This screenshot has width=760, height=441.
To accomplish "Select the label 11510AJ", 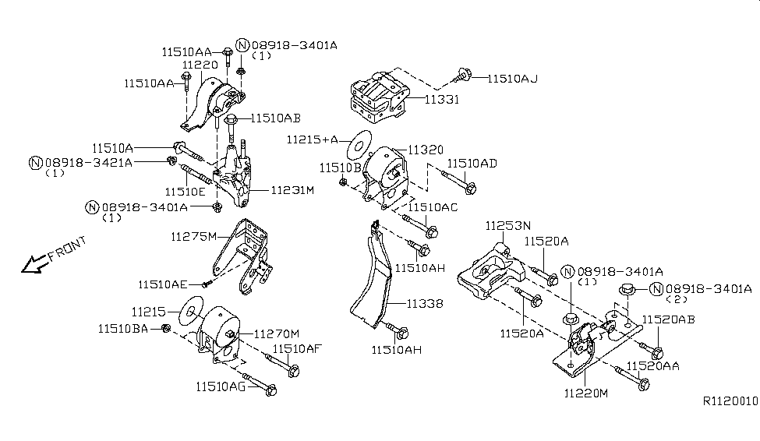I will [x=513, y=78].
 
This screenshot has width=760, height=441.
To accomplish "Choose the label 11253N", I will [x=506, y=226].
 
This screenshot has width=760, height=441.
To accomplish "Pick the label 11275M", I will [x=195, y=235].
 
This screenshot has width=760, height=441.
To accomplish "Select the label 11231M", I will [x=292, y=189].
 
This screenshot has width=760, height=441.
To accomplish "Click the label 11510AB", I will [x=275, y=118].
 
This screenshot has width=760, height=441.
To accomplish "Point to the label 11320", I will [x=426, y=150].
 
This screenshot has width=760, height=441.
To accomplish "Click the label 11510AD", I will [x=472, y=163].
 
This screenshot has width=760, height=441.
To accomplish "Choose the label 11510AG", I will [x=221, y=385].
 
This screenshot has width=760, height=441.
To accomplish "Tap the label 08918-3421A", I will [x=88, y=162].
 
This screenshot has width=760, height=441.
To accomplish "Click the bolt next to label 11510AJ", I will [x=463, y=76].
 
